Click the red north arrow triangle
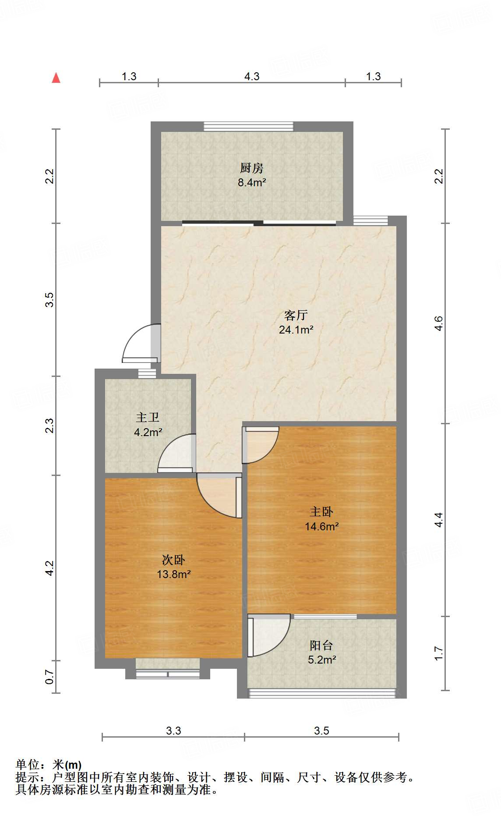56,78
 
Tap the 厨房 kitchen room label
252,168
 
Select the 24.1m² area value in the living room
296,330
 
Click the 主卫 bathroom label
148,417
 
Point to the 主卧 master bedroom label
321,511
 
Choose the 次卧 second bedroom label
173,560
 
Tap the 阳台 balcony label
321,645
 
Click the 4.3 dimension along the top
252,76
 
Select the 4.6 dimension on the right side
439,323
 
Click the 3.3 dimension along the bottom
173,731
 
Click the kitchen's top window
248,126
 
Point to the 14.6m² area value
322,526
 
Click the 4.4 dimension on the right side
439,520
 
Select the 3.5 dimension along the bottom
321,731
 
